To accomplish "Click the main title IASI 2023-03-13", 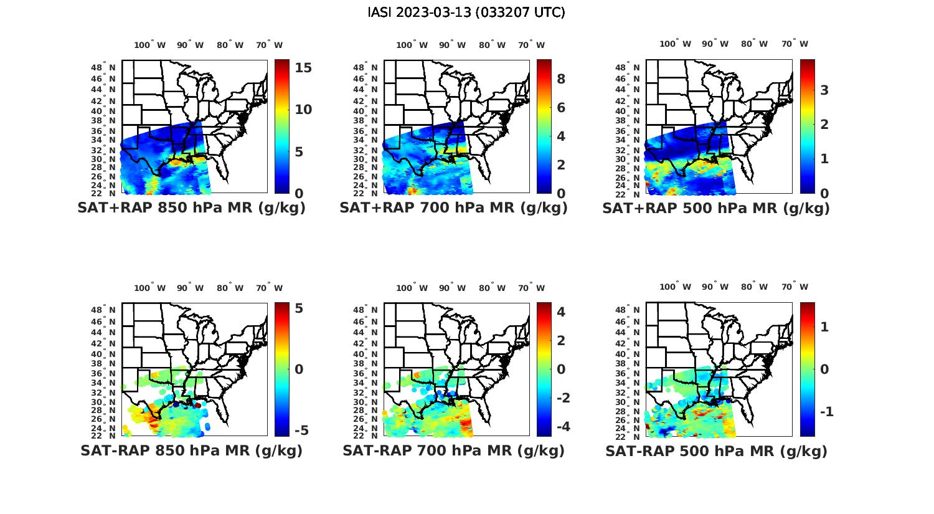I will (466, 12).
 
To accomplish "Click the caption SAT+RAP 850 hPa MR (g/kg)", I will (191, 208).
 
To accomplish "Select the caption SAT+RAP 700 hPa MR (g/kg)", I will (453, 208).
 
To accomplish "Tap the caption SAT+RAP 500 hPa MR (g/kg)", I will (716, 209).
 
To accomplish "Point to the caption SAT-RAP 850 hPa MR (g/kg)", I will (191, 450).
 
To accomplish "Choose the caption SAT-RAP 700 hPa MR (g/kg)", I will (453, 450).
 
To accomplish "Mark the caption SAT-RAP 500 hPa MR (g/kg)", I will (716, 451).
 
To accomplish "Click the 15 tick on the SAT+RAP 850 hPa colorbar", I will (303, 68).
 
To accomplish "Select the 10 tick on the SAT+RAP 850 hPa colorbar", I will (303, 110).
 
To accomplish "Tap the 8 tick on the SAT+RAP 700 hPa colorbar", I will (561, 79).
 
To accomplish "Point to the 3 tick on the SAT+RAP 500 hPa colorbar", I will (824, 90).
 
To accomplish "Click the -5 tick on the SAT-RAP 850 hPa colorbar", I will (301, 431).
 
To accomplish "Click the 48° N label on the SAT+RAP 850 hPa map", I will (103, 68).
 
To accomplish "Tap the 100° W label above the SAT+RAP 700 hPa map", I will (412, 45).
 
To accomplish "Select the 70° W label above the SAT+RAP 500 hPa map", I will (795, 44).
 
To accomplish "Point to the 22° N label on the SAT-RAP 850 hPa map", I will (103, 435).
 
